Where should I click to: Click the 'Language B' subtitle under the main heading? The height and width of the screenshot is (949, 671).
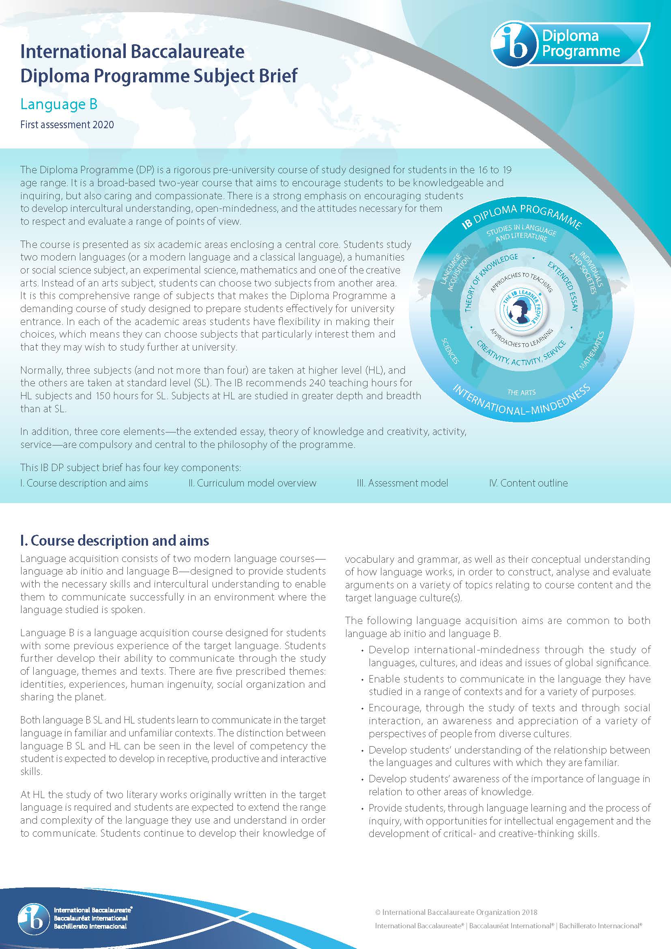tap(59, 104)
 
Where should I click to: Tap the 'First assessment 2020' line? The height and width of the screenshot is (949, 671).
tap(67, 125)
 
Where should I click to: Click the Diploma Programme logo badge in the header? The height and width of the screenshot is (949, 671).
tap(570, 45)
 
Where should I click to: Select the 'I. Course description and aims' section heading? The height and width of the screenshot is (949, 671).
tap(114, 540)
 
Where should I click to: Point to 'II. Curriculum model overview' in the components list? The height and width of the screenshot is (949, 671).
tap(252, 483)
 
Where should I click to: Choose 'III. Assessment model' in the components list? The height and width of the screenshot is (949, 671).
tap(402, 483)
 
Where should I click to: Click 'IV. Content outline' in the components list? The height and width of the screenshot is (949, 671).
tap(528, 483)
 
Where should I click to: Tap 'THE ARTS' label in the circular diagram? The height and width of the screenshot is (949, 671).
tap(521, 392)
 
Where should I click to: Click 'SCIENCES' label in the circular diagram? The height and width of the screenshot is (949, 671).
tap(450, 351)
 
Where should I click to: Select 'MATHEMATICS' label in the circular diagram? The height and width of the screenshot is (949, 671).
tap(591, 350)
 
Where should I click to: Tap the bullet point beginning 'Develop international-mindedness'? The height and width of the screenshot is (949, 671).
tap(509, 656)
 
